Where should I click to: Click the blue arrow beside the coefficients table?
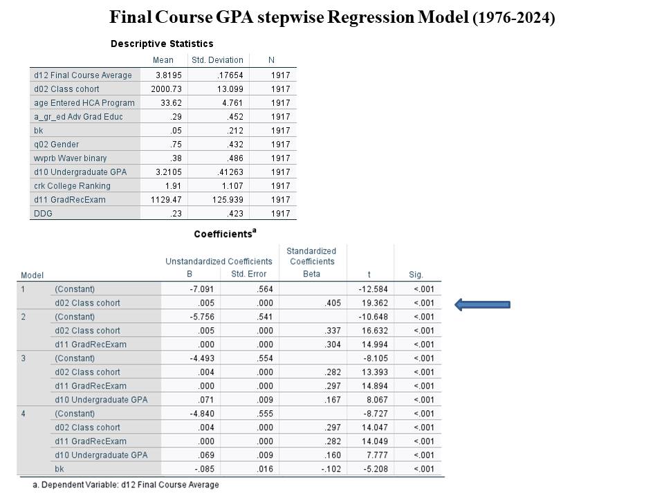click(482, 304)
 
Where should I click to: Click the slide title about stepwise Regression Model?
click(332, 17)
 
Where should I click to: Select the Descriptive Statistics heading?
click(162, 44)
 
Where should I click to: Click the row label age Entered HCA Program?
click(84, 103)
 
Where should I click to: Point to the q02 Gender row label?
click(57, 145)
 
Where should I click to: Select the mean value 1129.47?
click(165, 200)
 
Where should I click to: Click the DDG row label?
click(43, 214)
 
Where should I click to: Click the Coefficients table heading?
click(224, 234)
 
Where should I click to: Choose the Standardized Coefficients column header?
click(312, 256)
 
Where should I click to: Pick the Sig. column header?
click(416, 275)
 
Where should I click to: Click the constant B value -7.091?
click(203, 289)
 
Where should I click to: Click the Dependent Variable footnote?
click(126, 485)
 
